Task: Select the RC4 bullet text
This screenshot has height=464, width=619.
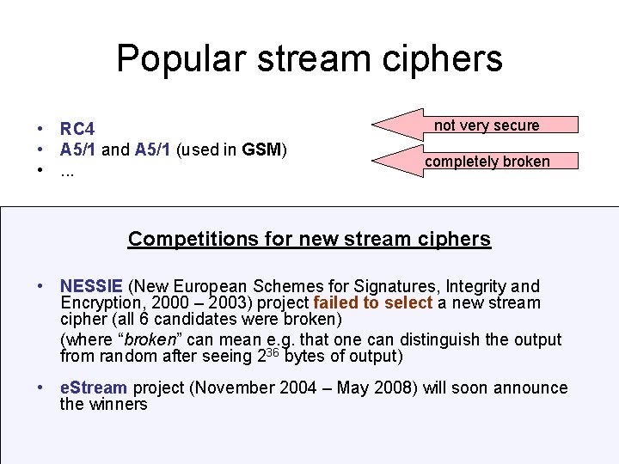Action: (77, 130)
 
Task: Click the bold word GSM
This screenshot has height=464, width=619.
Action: (261, 150)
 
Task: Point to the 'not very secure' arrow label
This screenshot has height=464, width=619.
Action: (487, 125)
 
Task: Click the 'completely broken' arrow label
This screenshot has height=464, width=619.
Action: (487, 162)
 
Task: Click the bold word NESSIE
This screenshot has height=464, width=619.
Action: (92, 286)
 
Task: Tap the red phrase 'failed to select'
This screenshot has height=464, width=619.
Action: (373, 302)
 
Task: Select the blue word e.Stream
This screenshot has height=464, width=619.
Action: (94, 388)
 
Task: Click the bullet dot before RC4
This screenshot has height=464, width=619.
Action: (40, 130)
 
